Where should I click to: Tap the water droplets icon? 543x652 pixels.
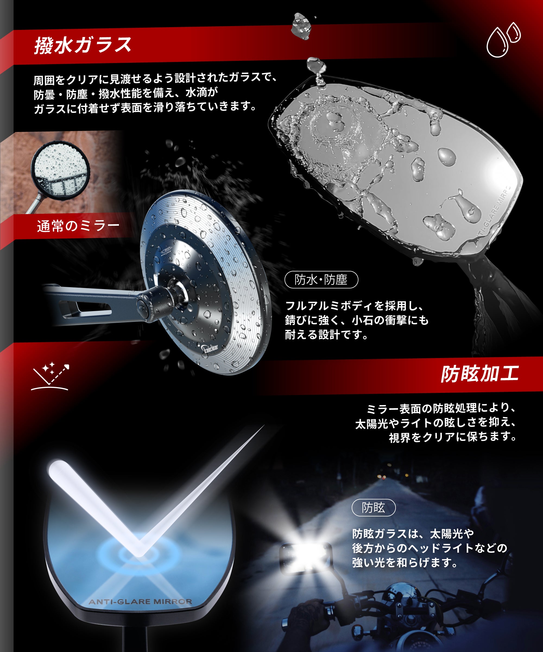pyautogui.click(x=503, y=40)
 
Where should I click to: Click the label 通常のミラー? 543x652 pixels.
pyautogui.click(x=78, y=226)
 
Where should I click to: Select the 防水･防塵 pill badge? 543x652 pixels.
pyautogui.click(x=321, y=280)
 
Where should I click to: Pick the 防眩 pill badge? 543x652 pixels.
pyautogui.click(x=373, y=508)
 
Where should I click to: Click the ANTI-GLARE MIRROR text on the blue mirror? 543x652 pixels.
pyautogui.click(x=140, y=602)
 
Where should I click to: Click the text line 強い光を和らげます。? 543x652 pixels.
pyautogui.click(x=405, y=562)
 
